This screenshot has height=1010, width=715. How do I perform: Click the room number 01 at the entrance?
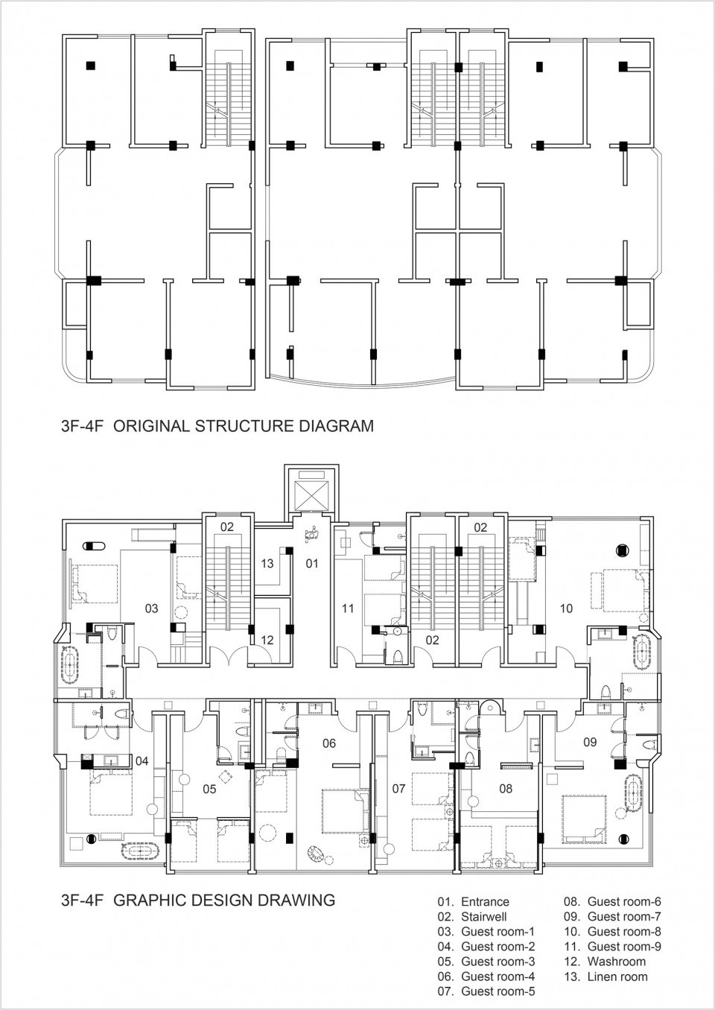tap(312, 564)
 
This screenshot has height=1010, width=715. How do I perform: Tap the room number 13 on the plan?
tap(267, 564)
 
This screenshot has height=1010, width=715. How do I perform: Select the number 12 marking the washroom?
tap(267, 640)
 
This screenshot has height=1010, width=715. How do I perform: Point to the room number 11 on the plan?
tap(348, 609)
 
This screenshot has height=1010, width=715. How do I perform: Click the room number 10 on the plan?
tap(565, 609)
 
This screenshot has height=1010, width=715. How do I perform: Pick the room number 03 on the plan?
tap(151, 609)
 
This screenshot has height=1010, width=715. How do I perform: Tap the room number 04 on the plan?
tap(142, 760)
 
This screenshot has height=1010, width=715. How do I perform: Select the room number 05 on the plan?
tap(209, 789)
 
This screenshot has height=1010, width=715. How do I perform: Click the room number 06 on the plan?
tap(329, 743)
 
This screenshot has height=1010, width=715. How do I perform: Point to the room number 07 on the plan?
tap(398, 787)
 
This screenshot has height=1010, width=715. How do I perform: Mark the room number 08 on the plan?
tap(506, 788)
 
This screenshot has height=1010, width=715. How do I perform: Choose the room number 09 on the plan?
tap(590, 742)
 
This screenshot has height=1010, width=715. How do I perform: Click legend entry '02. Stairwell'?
tap(473, 917)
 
